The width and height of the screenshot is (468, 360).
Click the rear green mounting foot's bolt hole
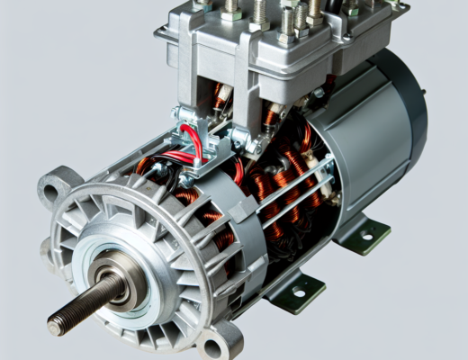[x=367, y=237]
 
